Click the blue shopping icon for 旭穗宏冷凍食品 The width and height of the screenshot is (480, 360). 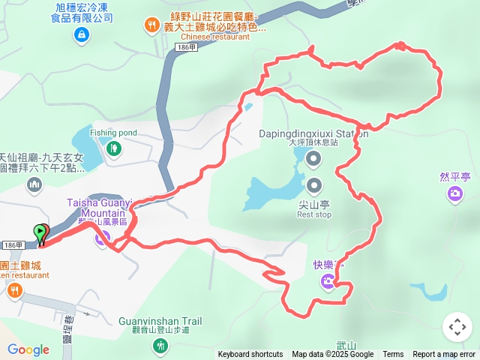point(81,34)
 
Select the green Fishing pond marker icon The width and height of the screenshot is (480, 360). point(113,148)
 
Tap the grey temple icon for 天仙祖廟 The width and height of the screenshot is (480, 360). point(34,184)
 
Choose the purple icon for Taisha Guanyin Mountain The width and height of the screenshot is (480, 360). point(103,238)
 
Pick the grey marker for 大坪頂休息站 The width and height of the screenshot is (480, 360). point(313,157)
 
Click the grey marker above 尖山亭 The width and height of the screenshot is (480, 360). point(313,185)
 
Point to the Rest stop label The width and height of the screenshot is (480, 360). point(313,214)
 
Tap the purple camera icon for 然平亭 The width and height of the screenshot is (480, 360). point(455,195)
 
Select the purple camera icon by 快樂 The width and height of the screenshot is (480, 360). point(328,282)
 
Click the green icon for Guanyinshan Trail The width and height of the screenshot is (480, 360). point(160,346)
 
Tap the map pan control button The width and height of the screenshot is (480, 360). point(457,327)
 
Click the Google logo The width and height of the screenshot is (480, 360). point(28,349)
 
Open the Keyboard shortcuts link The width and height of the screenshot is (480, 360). point(250,355)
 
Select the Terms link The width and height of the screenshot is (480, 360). point(393,355)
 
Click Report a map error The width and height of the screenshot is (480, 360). point(444,355)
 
